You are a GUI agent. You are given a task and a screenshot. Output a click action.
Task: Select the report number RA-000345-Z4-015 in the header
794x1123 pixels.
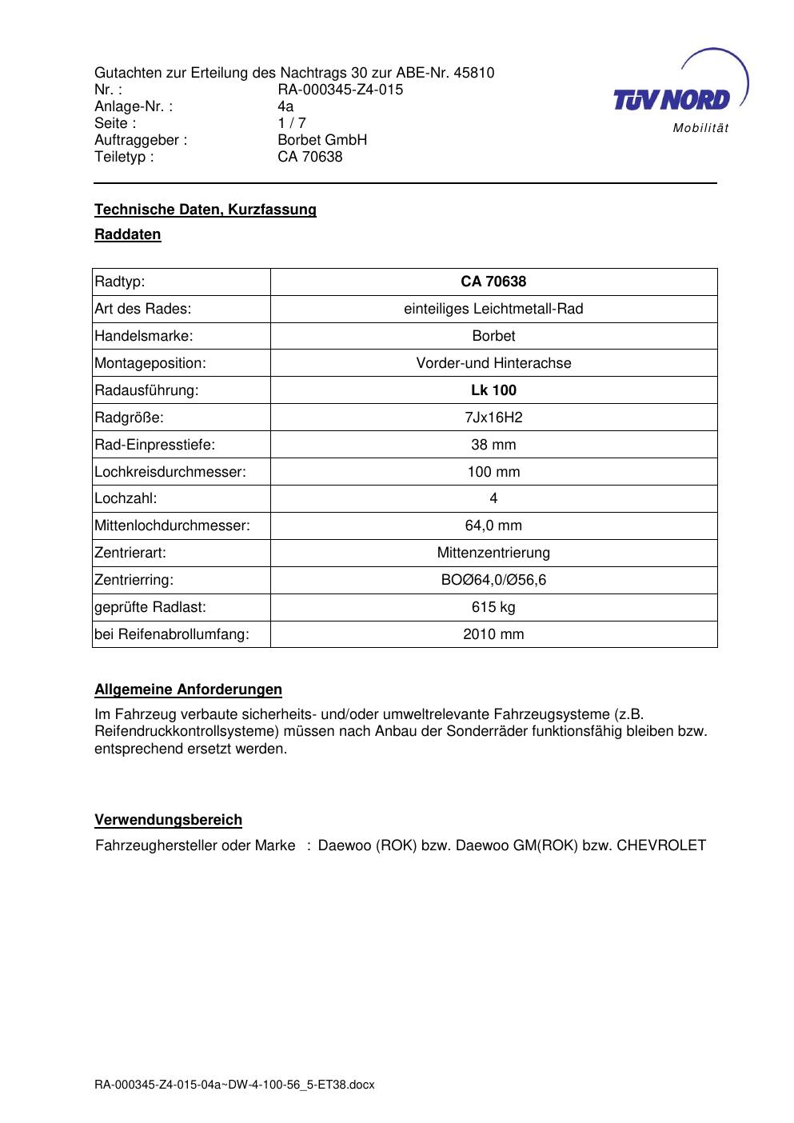click(340, 90)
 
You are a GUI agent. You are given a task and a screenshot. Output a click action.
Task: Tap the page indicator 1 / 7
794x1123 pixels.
click(292, 123)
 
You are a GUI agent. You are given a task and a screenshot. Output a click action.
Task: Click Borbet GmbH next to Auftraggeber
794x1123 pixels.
click(322, 140)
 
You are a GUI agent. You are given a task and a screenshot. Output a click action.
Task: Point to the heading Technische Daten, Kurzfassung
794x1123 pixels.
click(205, 210)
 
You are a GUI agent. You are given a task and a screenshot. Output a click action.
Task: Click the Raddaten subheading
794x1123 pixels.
click(128, 234)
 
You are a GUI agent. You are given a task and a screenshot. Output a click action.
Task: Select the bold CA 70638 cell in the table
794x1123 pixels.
click(493, 282)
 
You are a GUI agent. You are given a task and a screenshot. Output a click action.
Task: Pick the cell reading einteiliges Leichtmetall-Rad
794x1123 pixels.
click(493, 309)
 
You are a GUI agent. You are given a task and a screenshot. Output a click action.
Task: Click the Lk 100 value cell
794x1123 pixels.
click(493, 390)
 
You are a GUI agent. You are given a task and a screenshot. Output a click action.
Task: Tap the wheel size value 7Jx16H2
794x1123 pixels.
click(493, 418)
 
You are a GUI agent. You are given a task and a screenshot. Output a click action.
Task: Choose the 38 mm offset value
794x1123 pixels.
click(493, 445)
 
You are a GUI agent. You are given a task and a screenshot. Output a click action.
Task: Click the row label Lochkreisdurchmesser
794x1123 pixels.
click(170, 472)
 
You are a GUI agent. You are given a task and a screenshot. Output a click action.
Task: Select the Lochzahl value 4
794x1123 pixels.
click(493, 498)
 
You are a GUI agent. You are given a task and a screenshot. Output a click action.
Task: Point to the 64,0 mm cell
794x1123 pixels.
click(493, 526)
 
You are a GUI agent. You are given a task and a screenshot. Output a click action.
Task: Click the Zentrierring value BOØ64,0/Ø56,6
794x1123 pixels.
click(493, 580)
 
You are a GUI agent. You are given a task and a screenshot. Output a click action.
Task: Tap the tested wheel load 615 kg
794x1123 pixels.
click(493, 607)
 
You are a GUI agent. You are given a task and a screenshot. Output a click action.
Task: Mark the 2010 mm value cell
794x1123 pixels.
click(493, 634)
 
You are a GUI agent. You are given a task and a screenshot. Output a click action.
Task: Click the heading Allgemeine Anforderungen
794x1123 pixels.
click(188, 689)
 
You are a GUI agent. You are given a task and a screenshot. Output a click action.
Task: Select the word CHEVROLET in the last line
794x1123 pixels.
click(661, 845)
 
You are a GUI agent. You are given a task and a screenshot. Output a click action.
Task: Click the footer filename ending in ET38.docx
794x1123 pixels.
click(234, 1085)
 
